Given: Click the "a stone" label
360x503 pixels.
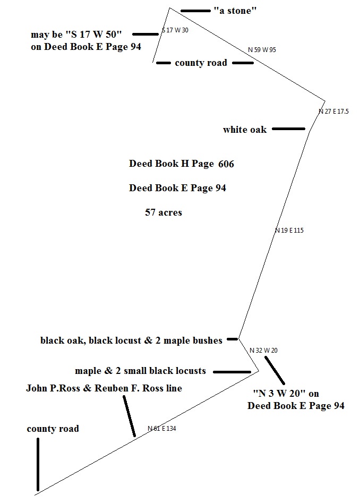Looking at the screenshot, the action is [x=235, y=11].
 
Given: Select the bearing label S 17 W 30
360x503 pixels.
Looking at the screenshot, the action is [x=175, y=30].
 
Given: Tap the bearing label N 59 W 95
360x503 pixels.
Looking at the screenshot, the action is [x=262, y=50].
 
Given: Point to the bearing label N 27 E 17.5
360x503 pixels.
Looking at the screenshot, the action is [x=333, y=112].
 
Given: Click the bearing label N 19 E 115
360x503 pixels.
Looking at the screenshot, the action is [x=289, y=231].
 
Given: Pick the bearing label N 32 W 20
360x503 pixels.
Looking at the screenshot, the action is [x=263, y=351].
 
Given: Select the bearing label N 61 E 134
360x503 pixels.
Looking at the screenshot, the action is [x=161, y=429].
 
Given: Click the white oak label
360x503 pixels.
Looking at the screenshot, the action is [x=245, y=130].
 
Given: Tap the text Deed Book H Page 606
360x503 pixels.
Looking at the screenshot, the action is [x=182, y=164].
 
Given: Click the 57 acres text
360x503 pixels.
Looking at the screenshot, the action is [x=164, y=212].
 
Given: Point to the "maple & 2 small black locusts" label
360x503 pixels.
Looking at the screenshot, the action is [x=140, y=371].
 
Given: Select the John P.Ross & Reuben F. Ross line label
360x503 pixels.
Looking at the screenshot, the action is [x=104, y=388].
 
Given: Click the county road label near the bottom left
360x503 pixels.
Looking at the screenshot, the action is [x=53, y=429].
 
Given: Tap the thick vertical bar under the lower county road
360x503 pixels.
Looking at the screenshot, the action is [x=38, y=464].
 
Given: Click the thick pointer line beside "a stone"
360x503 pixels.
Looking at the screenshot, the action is [x=195, y=11].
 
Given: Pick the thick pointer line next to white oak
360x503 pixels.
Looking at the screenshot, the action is [x=288, y=129].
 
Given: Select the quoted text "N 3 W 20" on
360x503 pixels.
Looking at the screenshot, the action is [x=286, y=393].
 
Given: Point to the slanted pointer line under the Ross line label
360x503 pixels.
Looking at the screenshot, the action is [x=129, y=416].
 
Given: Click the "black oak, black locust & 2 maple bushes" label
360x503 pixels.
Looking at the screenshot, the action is [x=132, y=340].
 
